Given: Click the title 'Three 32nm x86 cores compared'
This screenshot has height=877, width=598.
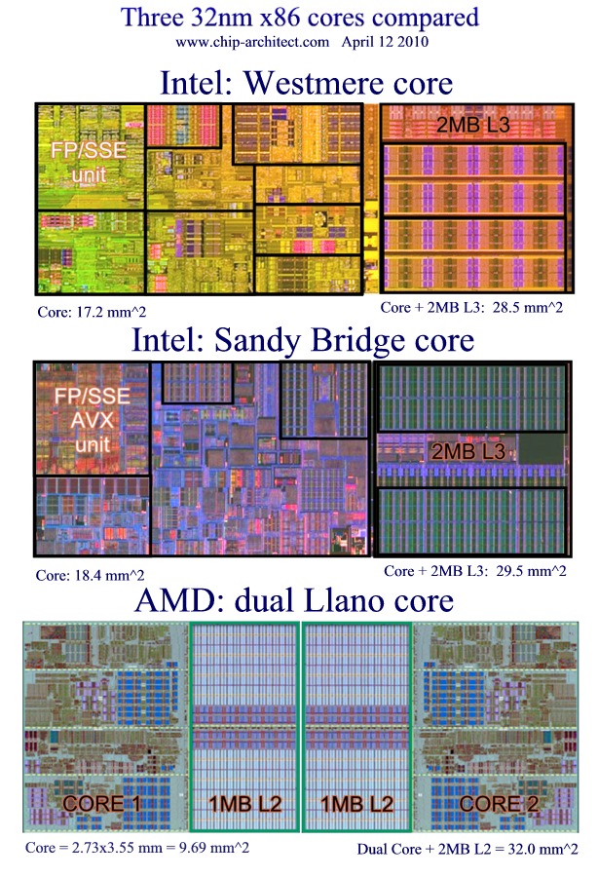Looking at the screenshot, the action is tap(300, 18).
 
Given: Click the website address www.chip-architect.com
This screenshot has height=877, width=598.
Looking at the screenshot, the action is tap(252, 42).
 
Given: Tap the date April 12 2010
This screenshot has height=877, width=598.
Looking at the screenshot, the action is tap(385, 42).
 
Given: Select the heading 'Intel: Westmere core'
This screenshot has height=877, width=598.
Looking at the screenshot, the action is tap(306, 83).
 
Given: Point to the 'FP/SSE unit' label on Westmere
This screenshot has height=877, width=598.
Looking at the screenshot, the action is tap(89, 162).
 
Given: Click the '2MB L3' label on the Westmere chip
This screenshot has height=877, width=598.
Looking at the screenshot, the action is tap(472, 125).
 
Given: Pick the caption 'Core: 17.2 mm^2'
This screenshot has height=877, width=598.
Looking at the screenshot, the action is tap(92, 312).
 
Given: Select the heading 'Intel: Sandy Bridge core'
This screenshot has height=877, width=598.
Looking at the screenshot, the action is tap(303, 339).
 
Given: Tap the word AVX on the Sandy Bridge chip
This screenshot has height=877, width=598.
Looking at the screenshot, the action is tap(93, 420).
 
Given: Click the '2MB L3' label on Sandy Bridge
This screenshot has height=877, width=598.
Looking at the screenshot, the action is tap(468, 452).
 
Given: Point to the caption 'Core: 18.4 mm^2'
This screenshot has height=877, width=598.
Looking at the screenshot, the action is tap(90, 575).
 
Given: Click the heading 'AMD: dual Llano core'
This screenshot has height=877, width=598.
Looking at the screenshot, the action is tap(294, 600).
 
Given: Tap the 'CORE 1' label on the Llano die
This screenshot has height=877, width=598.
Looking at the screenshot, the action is tap(101, 804).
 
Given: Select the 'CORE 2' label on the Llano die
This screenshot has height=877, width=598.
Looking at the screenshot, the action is tap(499, 804).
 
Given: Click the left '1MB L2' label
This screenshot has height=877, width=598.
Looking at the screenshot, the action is tap(244, 804).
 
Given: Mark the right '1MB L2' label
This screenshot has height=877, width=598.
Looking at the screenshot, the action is tap(356, 804).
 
